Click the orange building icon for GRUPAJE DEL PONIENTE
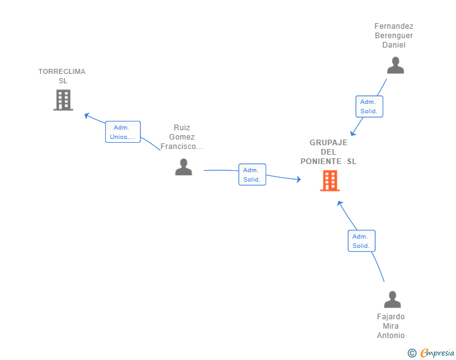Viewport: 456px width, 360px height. pyautogui.click(x=329, y=180)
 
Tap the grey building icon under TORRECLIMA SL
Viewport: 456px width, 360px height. pyautogui.click(x=63, y=100)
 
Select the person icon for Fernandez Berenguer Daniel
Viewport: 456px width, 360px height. pyautogui.click(x=395, y=65)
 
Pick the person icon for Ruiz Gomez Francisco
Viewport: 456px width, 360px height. pyautogui.click(x=184, y=167)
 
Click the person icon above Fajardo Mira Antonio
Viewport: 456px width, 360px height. pyautogui.click(x=392, y=299)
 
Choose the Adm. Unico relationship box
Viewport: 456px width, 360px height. pyautogui.click(x=123, y=131)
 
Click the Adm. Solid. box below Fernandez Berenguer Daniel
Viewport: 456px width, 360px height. pyautogui.click(x=370, y=106)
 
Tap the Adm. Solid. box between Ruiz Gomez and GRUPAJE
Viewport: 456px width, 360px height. pyautogui.click(x=252, y=175)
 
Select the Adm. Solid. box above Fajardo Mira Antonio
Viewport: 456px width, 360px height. pyautogui.click(x=361, y=241)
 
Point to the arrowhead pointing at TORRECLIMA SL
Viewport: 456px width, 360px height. pyautogui.click(x=86, y=115)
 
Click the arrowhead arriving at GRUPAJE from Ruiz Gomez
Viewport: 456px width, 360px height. pyautogui.click(x=299, y=180)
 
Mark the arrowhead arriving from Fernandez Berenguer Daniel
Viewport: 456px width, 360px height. pyautogui.click(x=353, y=133)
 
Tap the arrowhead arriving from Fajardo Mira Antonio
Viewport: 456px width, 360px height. pyautogui.click(x=339, y=203)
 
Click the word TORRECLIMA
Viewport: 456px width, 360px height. pyautogui.click(x=62, y=71)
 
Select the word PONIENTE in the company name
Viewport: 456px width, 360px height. pyautogui.click(x=321, y=162)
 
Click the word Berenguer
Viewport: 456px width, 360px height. pyautogui.click(x=394, y=36)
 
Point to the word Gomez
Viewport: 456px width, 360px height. pyautogui.click(x=182, y=137)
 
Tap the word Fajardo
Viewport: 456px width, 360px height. pyautogui.click(x=391, y=317)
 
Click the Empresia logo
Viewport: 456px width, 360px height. pyautogui.click(x=437, y=352)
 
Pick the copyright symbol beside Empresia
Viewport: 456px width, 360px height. pyautogui.click(x=412, y=353)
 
